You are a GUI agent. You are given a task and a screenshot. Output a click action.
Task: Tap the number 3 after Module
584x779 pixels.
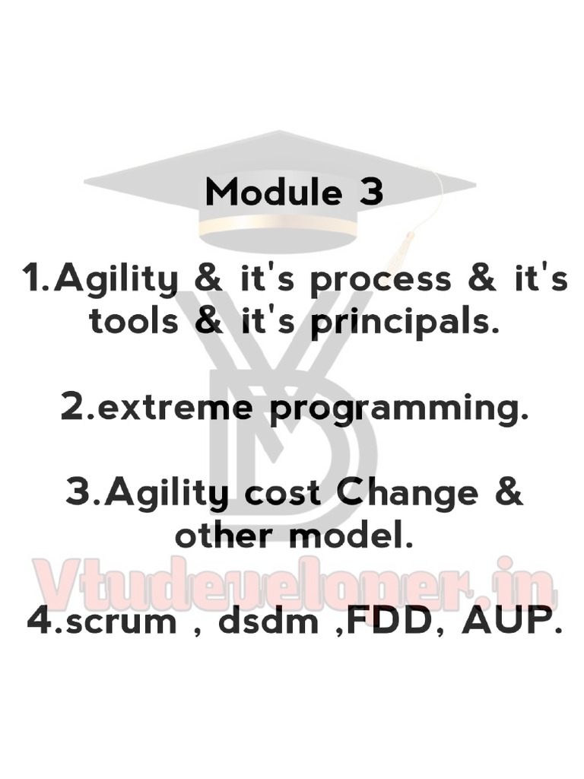click(370, 192)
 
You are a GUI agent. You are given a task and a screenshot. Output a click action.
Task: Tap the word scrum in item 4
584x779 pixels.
click(122, 622)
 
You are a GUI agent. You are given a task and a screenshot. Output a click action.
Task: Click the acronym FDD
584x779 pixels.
click(387, 622)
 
